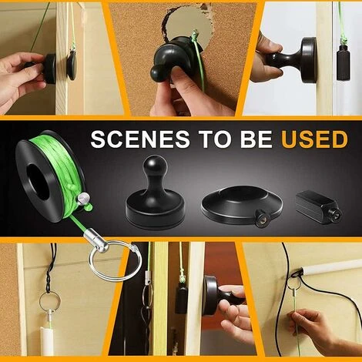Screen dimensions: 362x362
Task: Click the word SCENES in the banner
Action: point(140,139)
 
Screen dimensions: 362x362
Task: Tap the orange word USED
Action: point(314,139)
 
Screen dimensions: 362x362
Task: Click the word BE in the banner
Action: point(256,139)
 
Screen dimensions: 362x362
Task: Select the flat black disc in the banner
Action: point(241,203)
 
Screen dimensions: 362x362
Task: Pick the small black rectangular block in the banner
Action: point(318,207)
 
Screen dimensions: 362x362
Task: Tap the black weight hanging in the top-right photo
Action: point(344,62)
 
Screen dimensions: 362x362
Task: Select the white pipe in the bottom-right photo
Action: point(331,266)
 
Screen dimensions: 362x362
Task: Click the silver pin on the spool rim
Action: point(83,199)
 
